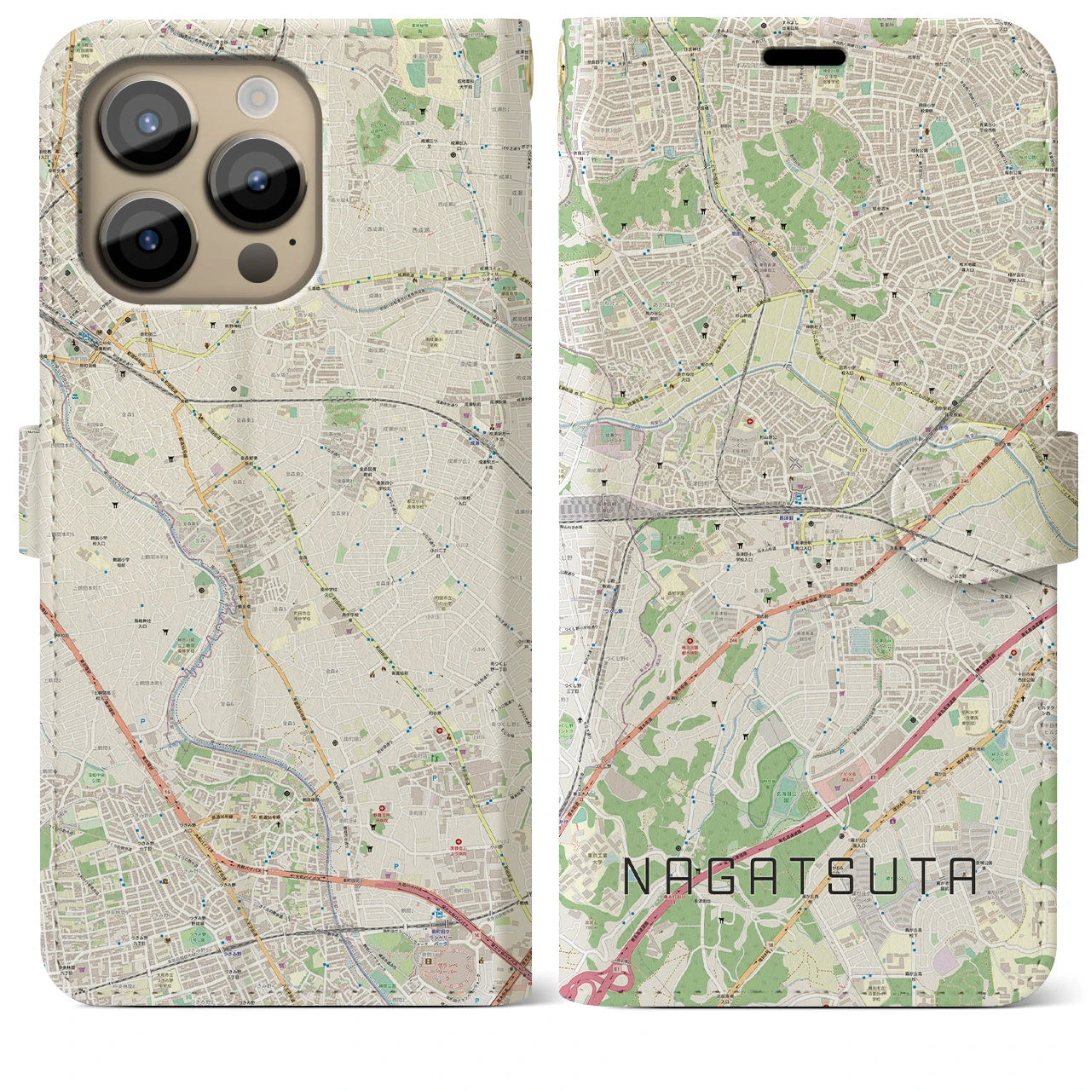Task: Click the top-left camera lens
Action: [x=148, y=123]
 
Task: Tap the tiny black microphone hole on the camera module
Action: [x=292, y=241]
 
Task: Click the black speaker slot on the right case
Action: [x=804, y=57]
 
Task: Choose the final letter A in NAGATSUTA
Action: [x=961, y=876]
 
